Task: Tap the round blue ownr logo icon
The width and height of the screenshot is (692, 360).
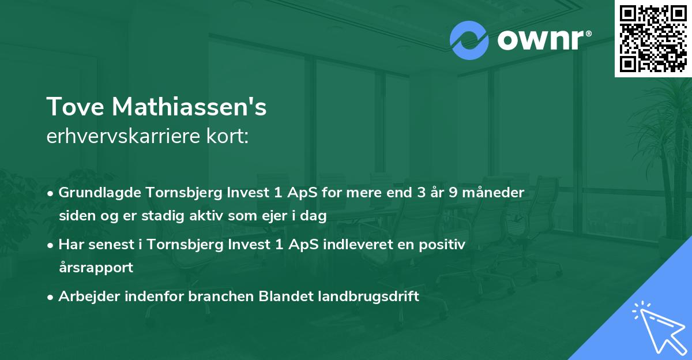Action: coord(469,40)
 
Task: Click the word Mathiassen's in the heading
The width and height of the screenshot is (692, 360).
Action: coord(190,107)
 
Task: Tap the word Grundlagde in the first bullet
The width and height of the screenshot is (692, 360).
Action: coord(93,193)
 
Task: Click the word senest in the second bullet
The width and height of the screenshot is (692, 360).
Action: coord(106,245)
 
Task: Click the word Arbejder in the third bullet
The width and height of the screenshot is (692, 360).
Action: coord(84,297)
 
